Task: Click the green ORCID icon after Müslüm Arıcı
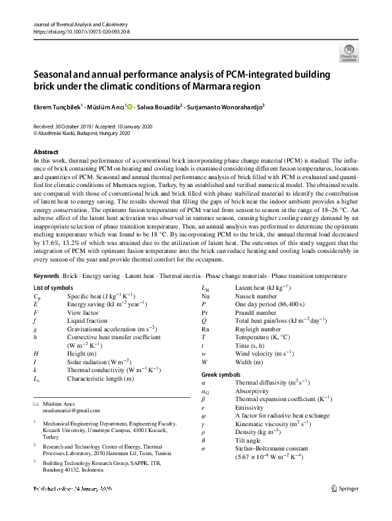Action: pos(130,106)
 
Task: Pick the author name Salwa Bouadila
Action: pos(161,106)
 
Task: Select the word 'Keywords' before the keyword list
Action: pos(47,275)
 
